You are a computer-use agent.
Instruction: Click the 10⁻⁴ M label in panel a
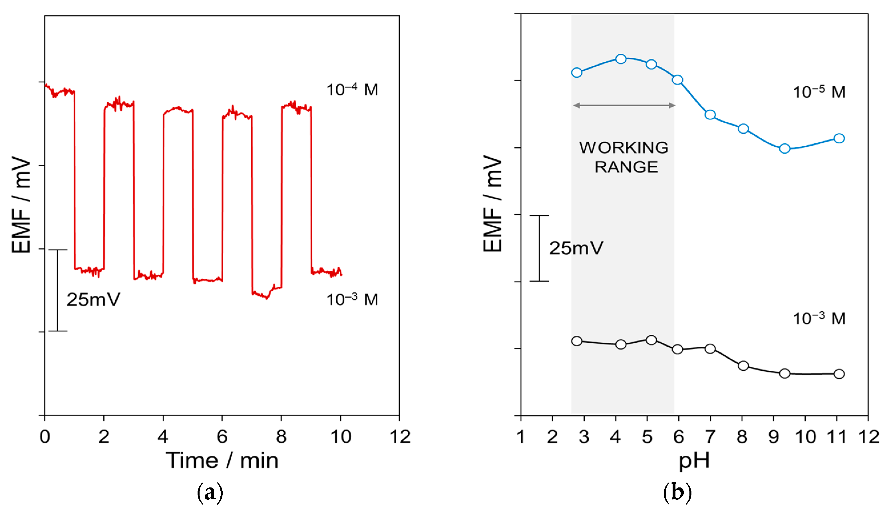[352, 90]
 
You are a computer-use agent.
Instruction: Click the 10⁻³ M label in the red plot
[352, 300]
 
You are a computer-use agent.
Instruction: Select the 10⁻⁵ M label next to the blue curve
[819, 92]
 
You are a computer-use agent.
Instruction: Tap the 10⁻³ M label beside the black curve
[819, 319]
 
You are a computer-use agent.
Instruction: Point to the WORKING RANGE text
[624, 157]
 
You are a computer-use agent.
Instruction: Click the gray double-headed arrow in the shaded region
[624, 105]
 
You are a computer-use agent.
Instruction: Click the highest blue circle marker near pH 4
[621, 59]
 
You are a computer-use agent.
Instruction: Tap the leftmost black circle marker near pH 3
[577, 341]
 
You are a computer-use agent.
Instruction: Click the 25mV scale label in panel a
[93, 300]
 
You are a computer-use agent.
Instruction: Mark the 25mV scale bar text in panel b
[576, 248]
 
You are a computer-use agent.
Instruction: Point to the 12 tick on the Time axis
[400, 437]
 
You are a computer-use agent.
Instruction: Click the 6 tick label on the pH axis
[679, 437]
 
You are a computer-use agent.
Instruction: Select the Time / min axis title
[222, 460]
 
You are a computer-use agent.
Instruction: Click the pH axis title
[694, 460]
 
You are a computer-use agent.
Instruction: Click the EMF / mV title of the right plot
[492, 204]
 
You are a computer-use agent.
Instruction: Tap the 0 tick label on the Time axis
[45, 437]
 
